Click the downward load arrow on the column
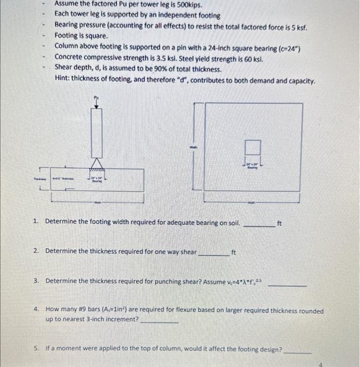tap(96, 105)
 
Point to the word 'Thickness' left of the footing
tap(40, 179)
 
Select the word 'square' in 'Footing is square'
tap(97, 36)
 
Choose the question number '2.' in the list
tap(36, 251)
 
